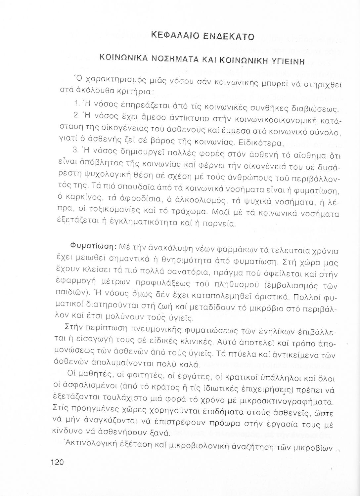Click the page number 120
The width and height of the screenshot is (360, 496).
(57, 462)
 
